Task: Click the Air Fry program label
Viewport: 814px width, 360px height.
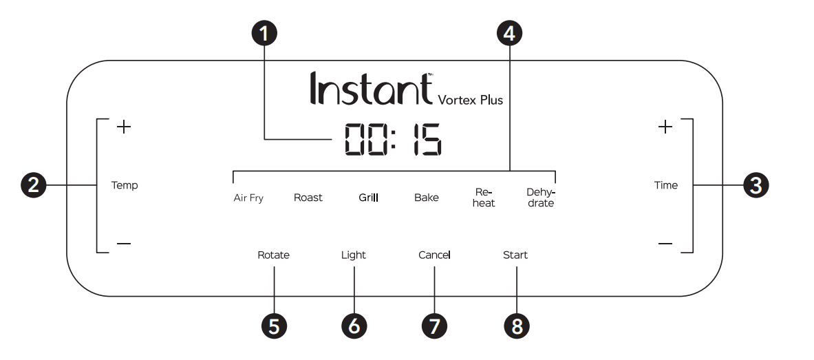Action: coord(248,198)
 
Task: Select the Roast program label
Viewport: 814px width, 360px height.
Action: coord(308,198)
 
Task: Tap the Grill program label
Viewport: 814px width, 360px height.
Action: coord(369,198)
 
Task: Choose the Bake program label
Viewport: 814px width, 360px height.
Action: coord(426,198)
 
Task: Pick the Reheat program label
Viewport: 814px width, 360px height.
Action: coord(484,198)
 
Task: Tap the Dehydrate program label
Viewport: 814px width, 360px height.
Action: coord(540,198)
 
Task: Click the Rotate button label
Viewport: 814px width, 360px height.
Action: coord(273,255)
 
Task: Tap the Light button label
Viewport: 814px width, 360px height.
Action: coord(354,255)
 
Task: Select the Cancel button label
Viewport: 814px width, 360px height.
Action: coord(434,255)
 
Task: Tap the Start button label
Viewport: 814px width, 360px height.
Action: coord(515,255)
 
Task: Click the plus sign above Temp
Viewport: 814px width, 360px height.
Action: coord(123,127)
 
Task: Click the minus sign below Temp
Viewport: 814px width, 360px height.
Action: coord(123,244)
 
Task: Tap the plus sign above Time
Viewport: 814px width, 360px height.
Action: coord(665,127)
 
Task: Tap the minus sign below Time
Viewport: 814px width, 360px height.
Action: coord(665,244)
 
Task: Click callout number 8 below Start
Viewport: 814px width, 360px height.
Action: coord(516,326)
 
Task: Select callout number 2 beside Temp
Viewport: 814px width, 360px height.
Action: coord(33,185)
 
